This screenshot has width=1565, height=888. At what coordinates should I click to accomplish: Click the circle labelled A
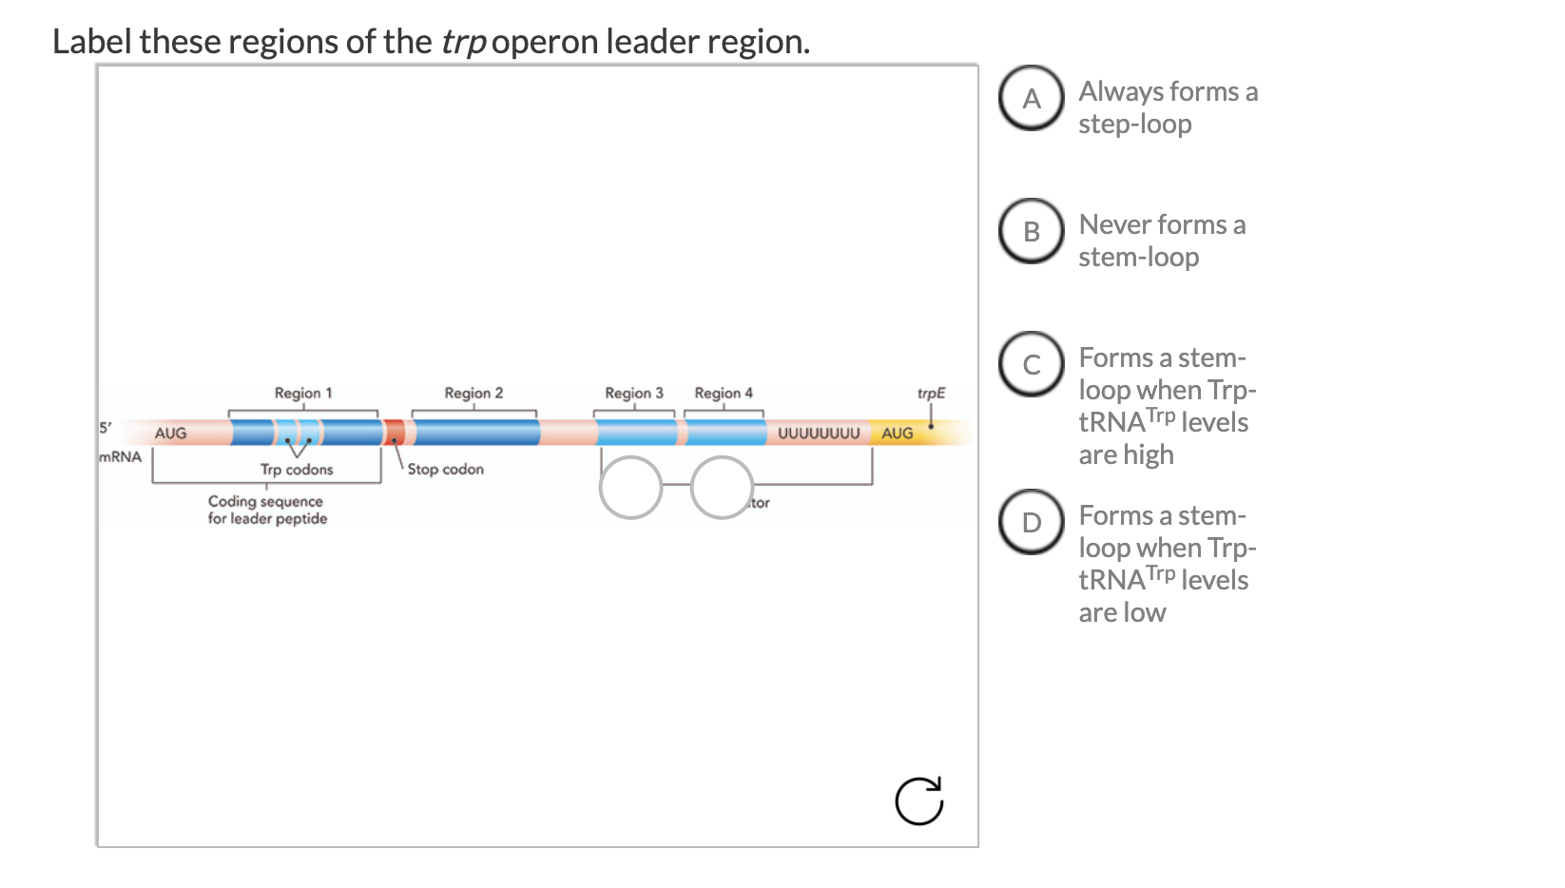1031,98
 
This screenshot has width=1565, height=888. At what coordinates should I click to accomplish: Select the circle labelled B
1031,231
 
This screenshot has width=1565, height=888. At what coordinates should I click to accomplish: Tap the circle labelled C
1031,364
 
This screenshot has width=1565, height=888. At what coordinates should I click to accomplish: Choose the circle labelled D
1031,522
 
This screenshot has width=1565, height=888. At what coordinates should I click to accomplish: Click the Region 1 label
303,393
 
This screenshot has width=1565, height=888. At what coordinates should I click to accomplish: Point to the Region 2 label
473,393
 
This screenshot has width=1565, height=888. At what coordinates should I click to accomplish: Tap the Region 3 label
634,393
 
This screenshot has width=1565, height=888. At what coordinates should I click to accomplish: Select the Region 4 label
724,393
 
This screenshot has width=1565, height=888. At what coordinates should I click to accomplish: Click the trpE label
931,393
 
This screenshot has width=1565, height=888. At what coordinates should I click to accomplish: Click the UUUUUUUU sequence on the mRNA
819,434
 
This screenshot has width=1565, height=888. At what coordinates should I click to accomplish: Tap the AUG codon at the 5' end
171,434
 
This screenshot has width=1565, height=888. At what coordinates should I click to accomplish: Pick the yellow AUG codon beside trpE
897,434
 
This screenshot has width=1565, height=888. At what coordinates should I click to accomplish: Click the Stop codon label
445,469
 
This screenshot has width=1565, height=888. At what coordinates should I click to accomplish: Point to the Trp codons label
297,470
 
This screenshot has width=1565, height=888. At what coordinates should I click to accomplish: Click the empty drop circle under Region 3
630,488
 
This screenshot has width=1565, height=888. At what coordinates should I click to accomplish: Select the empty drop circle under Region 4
722,488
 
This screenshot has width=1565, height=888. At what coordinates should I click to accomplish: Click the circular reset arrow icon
919,801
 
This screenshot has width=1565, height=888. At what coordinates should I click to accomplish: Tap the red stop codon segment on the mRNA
395,433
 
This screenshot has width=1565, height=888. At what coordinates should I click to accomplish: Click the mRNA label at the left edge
121,456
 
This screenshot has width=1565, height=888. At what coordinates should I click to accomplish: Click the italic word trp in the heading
463,42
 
